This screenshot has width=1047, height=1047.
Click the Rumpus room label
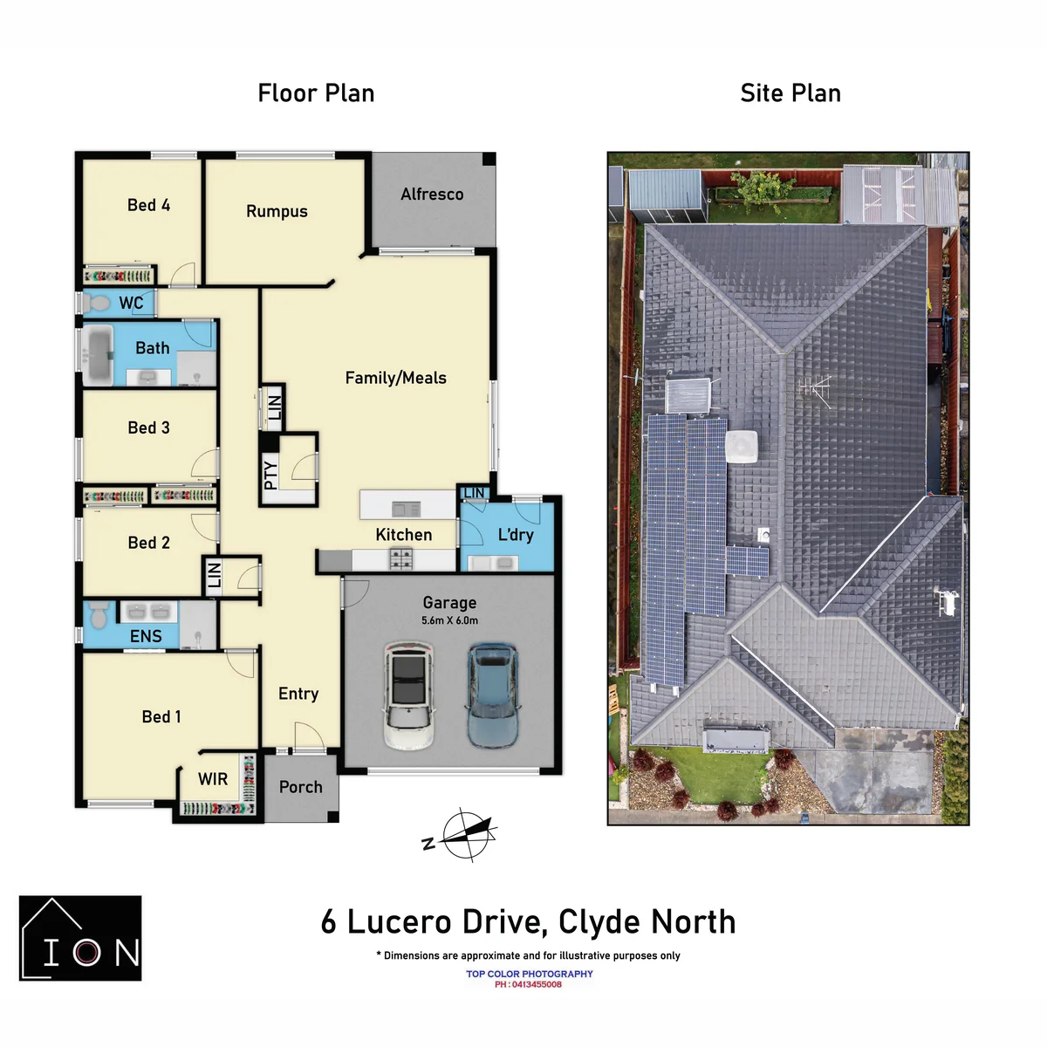[x=277, y=211]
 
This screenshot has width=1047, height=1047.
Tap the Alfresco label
[x=432, y=194]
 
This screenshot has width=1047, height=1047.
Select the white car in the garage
[x=408, y=695]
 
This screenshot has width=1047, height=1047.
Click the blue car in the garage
[x=492, y=695]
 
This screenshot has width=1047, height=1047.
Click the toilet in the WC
[x=93, y=303]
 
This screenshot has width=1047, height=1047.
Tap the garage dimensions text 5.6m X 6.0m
[x=449, y=620]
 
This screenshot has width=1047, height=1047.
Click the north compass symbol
[x=461, y=835]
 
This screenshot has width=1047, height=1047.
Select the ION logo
[x=80, y=938]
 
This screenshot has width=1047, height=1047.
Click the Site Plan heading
[x=790, y=93]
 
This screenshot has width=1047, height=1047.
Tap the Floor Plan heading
[x=316, y=93]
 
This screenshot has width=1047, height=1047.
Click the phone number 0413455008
[x=536, y=984]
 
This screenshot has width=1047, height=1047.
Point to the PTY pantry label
[x=270, y=476]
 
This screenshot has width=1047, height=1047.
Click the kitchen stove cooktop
[x=401, y=558]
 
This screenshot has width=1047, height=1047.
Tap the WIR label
[x=212, y=779]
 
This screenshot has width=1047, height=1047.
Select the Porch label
[x=300, y=787]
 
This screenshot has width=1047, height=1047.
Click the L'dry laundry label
[x=516, y=535]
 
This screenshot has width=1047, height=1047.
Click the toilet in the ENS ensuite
[x=99, y=614]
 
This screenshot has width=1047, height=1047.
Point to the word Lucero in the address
[x=399, y=922]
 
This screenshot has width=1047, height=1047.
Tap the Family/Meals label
[x=395, y=378]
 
